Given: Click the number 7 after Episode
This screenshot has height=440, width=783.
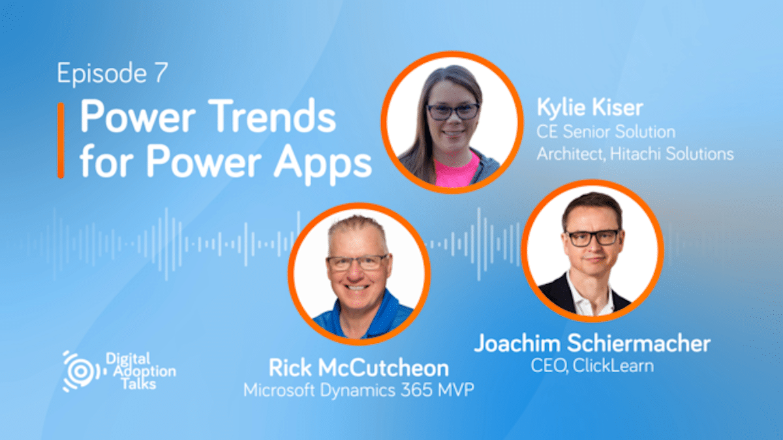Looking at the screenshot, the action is pos(162,72).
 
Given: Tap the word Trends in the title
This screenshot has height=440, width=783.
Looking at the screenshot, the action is pos(274,115).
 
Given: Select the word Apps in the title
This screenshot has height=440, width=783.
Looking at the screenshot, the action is pos(322,163).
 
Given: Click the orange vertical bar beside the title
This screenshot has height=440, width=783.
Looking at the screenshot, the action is pos(61,140).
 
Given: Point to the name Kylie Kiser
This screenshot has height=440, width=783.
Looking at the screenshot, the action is pos(590,107).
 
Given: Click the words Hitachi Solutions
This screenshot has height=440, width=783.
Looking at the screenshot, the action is pos(671,154).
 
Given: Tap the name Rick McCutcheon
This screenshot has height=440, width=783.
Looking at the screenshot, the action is pos(359,368).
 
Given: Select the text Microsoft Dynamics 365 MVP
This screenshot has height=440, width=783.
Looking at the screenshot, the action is pos(359,390).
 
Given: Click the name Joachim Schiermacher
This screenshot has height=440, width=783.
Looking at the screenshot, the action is pos(592,343).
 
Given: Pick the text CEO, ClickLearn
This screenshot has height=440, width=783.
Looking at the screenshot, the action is pos(592,366).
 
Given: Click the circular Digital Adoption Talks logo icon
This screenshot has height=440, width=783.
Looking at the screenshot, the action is pos(81,371).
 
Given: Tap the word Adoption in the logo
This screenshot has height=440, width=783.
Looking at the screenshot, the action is pos(145,371).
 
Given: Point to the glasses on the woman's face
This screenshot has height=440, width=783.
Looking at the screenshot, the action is pos(453,111).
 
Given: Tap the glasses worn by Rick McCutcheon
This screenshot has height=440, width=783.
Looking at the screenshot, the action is pos(358,263).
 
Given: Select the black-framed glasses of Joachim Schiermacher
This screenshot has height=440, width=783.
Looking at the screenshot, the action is pos(592,238).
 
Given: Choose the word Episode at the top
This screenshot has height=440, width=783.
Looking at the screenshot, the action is pos(102,73).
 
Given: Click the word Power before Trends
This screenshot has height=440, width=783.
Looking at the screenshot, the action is pos(138,115).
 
